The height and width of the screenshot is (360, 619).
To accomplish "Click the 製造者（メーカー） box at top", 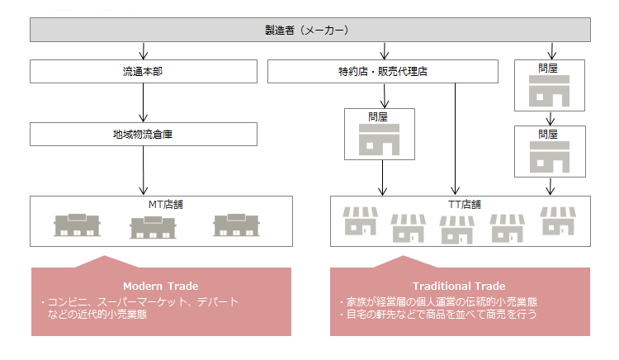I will tap(310, 30).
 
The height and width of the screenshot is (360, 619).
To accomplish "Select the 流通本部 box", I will tap(144, 71).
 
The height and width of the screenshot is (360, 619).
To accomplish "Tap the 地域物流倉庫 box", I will tap(144, 135).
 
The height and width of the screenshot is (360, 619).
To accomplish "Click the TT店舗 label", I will tap(459, 205).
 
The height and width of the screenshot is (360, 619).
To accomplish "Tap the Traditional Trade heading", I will tap(459, 286).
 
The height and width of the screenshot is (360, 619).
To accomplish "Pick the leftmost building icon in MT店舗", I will tap(78, 225).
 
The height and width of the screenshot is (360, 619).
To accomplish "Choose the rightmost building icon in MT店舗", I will tap(236, 225).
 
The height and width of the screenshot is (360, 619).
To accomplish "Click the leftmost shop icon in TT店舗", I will tap(360, 223).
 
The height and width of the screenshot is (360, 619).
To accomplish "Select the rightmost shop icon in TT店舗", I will tap(557, 221).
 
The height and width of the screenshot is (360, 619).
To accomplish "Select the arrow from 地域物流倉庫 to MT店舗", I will tap(144, 170).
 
